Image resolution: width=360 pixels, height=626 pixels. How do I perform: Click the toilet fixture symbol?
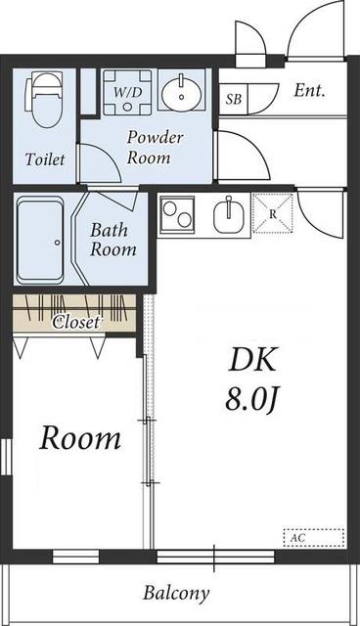click(44, 99)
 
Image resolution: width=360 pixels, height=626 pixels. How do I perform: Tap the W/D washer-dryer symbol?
click(127, 92)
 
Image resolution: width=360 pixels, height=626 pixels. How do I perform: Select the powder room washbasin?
click(182, 91)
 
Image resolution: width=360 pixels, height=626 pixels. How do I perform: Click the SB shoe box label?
click(234, 99)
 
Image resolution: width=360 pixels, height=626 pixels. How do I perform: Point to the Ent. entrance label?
click(309, 91)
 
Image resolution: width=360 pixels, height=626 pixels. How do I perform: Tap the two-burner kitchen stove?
click(177, 214)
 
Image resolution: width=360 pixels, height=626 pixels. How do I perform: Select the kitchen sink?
click(228, 215)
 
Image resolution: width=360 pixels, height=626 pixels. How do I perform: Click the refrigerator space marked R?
click(273, 213)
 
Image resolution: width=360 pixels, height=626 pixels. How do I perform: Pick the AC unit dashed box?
click(314, 538)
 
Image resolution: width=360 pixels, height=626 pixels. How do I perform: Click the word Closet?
click(76, 322)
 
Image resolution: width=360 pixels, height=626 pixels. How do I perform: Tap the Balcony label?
click(176, 594)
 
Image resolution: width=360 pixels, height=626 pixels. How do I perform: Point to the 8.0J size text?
click(251, 400)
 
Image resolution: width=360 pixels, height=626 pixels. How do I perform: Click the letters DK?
click(252, 359)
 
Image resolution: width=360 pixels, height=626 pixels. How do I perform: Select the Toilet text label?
click(45, 158)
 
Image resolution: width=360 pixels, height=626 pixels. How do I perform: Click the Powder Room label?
click(155, 147)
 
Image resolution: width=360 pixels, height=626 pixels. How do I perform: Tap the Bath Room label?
click(112, 240)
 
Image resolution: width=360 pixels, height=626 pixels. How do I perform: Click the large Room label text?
click(80, 438)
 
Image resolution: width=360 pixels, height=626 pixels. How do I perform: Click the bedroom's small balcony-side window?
click(76, 557)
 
